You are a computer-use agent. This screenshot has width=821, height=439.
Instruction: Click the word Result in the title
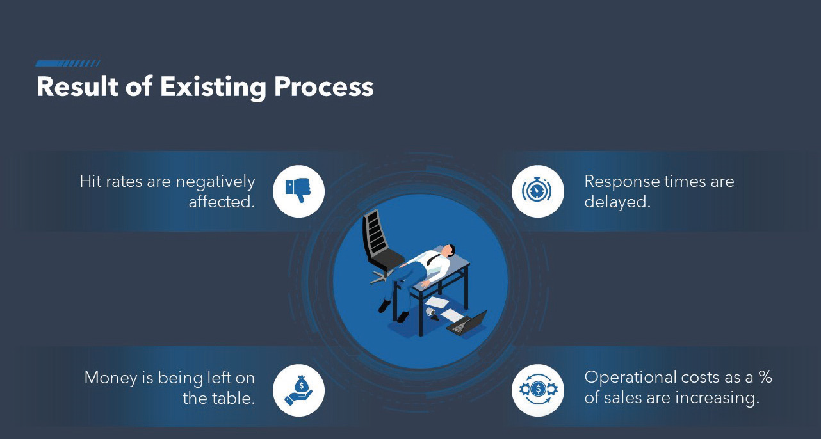point(77,86)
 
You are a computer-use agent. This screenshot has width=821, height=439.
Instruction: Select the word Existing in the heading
point(213,88)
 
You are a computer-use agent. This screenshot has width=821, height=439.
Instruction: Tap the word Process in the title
point(324,87)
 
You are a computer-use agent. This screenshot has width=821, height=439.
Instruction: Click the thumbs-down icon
point(298,189)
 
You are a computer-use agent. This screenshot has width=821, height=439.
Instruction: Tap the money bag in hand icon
point(298,390)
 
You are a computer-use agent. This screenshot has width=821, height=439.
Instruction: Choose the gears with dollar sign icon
point(538,389)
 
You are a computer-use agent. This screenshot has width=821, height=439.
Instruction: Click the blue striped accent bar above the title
point(67,63)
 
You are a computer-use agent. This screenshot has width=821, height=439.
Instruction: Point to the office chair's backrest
point(373,232)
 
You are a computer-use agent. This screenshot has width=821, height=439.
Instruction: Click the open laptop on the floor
point(467,323)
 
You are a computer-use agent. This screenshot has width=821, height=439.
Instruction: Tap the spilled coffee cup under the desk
point(432,313)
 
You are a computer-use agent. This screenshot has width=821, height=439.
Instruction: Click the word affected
point(222,202)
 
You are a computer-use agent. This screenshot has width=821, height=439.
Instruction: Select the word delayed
point(617,202)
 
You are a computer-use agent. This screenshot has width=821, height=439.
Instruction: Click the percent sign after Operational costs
point(765,377)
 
